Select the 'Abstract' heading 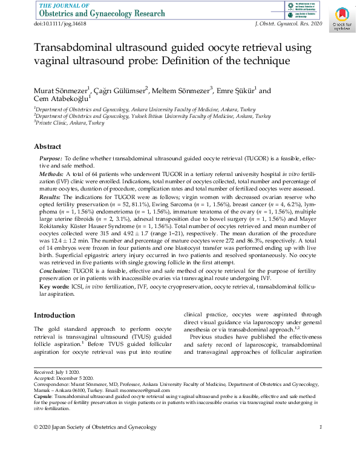tap(47, 147)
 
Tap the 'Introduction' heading tap(54, 315)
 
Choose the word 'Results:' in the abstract tap(50, 197)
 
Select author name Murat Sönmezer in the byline tap(62, 91)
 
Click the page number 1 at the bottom tap(321, 428)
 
